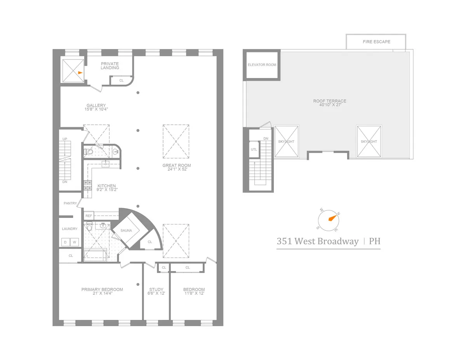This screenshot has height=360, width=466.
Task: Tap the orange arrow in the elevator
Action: pos(80,73)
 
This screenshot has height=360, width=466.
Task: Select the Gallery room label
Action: pos(96,105)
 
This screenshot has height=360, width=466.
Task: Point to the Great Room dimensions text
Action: pos(177,170)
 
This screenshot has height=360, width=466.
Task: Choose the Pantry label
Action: pos(70,203)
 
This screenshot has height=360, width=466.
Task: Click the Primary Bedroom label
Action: pos(102,289)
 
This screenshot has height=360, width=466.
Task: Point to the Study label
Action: pos(156,289)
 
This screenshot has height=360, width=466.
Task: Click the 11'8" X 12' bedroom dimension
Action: pos(194,294)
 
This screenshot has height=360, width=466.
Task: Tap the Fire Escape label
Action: pos(376,42)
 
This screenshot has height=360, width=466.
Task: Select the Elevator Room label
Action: pos(262,65)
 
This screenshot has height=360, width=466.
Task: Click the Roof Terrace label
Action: pos(330,101)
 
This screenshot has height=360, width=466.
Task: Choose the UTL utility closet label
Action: pos(254,149)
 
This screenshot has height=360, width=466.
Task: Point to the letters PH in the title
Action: pos(374,241)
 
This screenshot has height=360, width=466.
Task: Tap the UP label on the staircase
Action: pos(65,138)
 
